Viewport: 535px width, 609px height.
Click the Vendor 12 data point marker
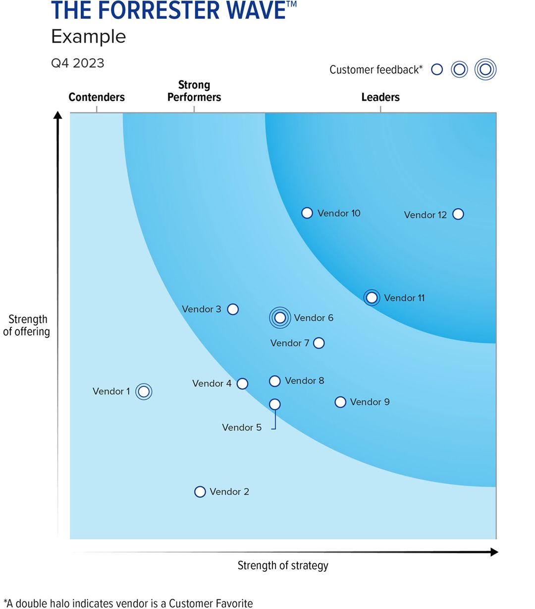(458, 214)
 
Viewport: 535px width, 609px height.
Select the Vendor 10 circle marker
(307, 213)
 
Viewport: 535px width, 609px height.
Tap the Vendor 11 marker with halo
(372, 298)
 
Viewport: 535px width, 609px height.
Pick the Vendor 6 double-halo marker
(280, 317)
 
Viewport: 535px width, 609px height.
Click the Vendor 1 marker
(144, 391)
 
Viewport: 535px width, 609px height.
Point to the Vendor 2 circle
(200, 491)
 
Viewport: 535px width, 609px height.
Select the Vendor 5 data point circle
(274, 404)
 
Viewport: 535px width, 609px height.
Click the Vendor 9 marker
(340, 402)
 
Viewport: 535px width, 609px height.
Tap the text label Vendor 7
(290, 343)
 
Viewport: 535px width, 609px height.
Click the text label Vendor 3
(202, 309)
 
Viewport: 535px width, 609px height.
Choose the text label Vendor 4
(212, 383)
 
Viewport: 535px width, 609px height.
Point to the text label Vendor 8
(305, 380)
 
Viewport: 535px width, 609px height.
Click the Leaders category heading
(380, 97)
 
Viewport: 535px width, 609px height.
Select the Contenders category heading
(97, 97)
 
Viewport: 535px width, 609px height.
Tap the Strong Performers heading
(194, 91)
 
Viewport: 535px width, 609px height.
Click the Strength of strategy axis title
(283, 565)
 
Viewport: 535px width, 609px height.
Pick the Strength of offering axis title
(27, 325)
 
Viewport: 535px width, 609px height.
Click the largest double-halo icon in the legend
(485, 69)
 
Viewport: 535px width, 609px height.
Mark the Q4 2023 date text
(78, 63)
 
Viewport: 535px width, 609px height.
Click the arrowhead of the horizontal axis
(494, 552)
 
